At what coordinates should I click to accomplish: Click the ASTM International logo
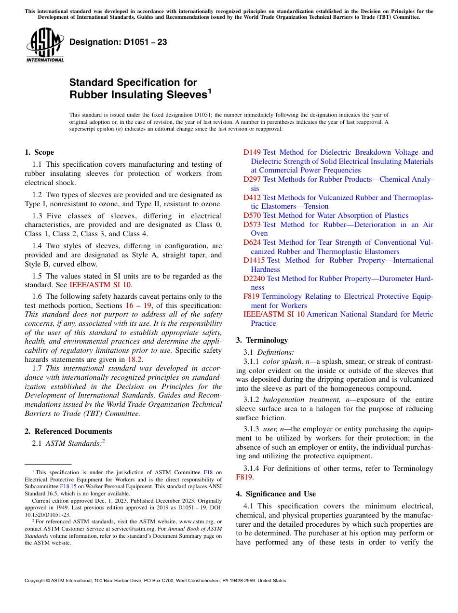click(44, 46)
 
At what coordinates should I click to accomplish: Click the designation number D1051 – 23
click(118, 42)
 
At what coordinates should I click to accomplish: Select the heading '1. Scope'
click(39, 152)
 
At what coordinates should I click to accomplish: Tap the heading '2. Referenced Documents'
click(68, 431)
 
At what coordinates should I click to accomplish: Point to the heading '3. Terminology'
click(262, 340)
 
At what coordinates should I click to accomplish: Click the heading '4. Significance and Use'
click(276, 494)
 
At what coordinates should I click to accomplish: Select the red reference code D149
click(252, 152)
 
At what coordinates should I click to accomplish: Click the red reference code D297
click(252, 179)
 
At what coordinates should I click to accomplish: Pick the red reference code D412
click(252, 198)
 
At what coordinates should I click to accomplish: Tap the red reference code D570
click(252, 215)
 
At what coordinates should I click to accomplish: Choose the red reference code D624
click(252, 242)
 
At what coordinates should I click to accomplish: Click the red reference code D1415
click(254, 260)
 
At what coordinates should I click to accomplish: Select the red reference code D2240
click(254, 279)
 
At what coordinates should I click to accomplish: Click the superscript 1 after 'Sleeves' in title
click(209, 91)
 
